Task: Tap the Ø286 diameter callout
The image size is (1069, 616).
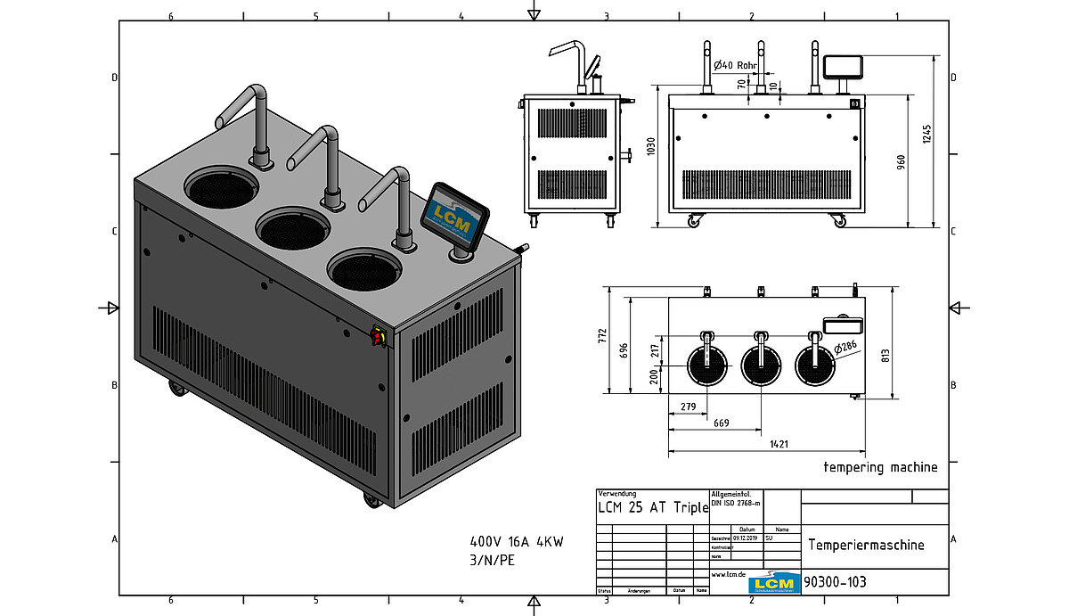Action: (x=846, y=347)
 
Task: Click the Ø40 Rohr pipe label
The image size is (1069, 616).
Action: (x=736, y=65)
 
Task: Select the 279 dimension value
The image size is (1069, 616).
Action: (x=688, y=407)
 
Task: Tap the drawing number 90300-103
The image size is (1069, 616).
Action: (x=836, y=582)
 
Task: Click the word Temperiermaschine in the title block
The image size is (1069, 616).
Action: (x=865, y=545)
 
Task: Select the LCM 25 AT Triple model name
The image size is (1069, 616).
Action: (x=653, y=507)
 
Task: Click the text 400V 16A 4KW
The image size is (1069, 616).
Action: (x=517, y=541)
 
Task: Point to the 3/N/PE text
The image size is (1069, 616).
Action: (x=493, y=560)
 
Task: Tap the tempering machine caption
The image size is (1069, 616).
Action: (x=880, y=467)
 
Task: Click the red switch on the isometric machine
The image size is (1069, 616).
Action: (x=377, y=336)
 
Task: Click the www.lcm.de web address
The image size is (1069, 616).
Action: (x=728, y=575)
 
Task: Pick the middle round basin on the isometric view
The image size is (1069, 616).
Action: (x=292, y=227)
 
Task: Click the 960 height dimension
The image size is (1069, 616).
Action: (x=901, y=160)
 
